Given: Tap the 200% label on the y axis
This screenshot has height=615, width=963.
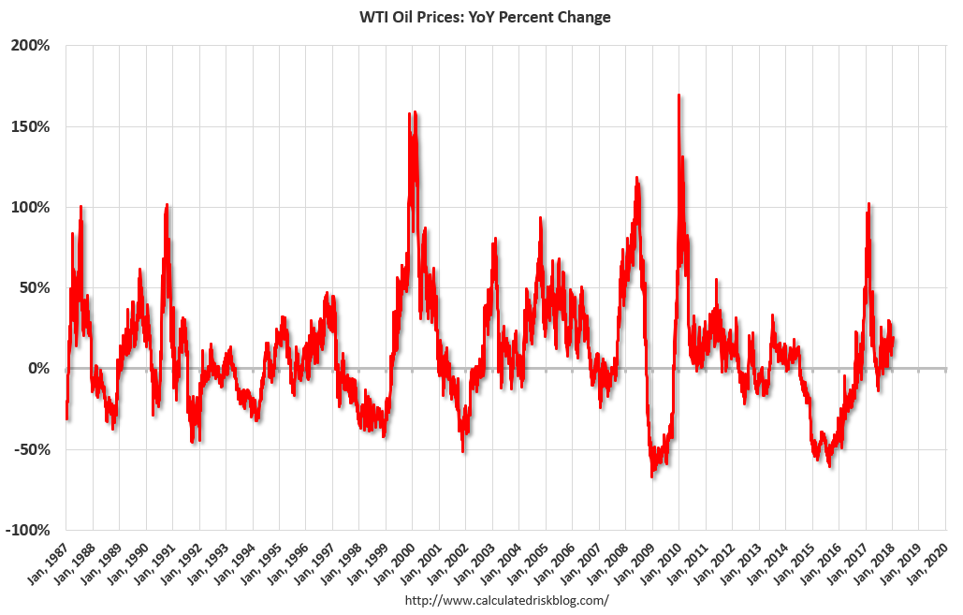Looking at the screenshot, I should (31, 45).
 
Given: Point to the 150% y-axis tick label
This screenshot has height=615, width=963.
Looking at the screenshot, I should (31, 126).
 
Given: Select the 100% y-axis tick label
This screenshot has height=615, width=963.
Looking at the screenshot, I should (31, 207).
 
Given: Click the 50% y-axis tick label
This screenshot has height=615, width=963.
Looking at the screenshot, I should (35, 287).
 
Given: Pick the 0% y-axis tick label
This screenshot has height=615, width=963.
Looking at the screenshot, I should (38, 369).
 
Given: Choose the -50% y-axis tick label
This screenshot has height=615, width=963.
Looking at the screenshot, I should (33, 449).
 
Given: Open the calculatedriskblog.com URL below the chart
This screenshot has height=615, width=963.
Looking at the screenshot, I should (506, 599).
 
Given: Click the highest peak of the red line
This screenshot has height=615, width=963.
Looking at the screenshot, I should (678, 95).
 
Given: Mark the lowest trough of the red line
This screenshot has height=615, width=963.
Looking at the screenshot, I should (652, 476).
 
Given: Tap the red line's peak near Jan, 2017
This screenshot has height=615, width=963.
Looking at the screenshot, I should (868, 204).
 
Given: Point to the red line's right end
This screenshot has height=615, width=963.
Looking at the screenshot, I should (894, 338).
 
